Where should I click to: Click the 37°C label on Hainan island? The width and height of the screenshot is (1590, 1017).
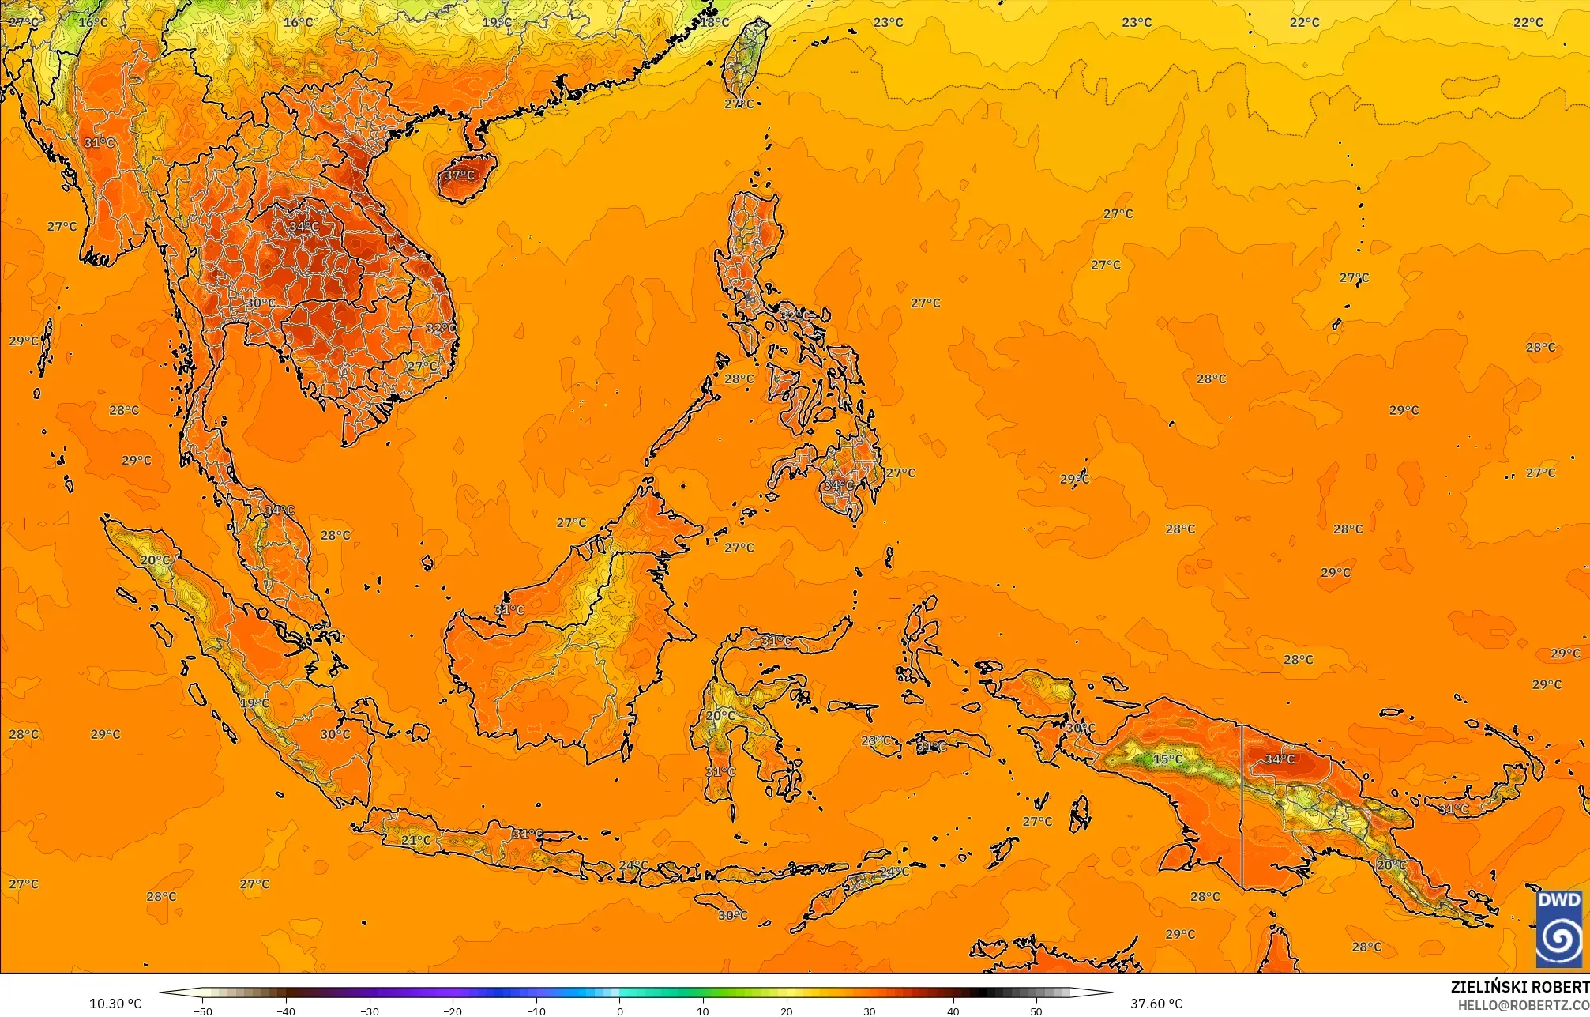(460, 175)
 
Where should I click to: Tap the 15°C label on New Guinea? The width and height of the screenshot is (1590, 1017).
(1168, 759)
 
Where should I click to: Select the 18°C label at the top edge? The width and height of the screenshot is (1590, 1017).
(714, 22)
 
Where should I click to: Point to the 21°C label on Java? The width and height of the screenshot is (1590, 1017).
(416, 840)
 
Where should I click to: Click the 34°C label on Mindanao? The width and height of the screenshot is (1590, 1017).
(838, 485)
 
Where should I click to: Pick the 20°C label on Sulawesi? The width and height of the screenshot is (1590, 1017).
(720, 716)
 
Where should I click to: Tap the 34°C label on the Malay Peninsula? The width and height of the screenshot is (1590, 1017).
(279, 510)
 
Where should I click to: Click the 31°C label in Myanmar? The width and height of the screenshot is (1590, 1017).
(100, 143)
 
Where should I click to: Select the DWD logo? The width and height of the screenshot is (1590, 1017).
(1559, 929)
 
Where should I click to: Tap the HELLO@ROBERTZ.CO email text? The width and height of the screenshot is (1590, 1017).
(1523, 1005)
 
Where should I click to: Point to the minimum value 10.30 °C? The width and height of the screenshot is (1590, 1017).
(115, 1004)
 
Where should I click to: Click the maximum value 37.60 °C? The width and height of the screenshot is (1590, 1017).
(1156, 1004)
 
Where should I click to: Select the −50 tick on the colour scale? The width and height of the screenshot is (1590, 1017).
(203, 1011)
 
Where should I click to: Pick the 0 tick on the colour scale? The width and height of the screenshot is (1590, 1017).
(619, 1011)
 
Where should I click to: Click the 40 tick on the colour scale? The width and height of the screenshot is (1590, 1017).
(953, 1011)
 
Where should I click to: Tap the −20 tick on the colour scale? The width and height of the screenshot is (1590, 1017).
(453, 1011)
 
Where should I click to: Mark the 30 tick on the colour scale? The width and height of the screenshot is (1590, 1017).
(870, 1011)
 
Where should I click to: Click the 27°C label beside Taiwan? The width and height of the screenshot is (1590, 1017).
(739, 104)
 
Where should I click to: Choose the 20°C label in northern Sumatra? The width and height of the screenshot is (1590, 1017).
(156, 560)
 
